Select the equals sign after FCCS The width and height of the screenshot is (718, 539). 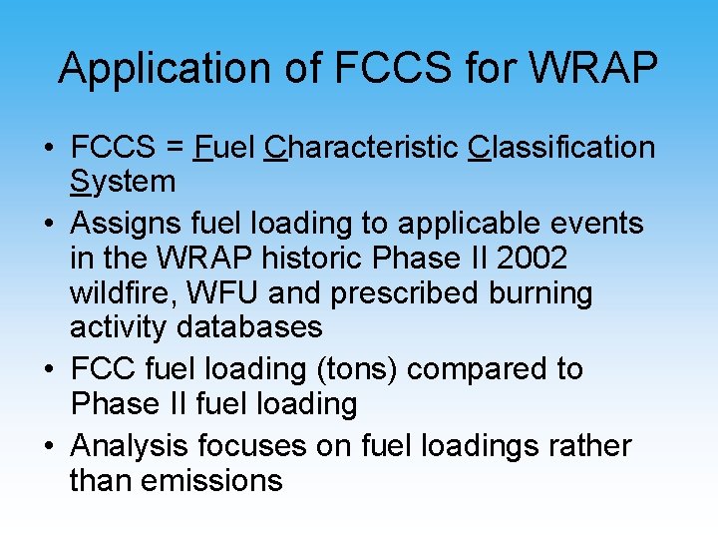click(176, 148)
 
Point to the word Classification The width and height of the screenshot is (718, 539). click(561, 148)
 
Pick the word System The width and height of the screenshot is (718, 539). click(123, 182)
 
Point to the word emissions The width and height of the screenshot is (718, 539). click(211, 480)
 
